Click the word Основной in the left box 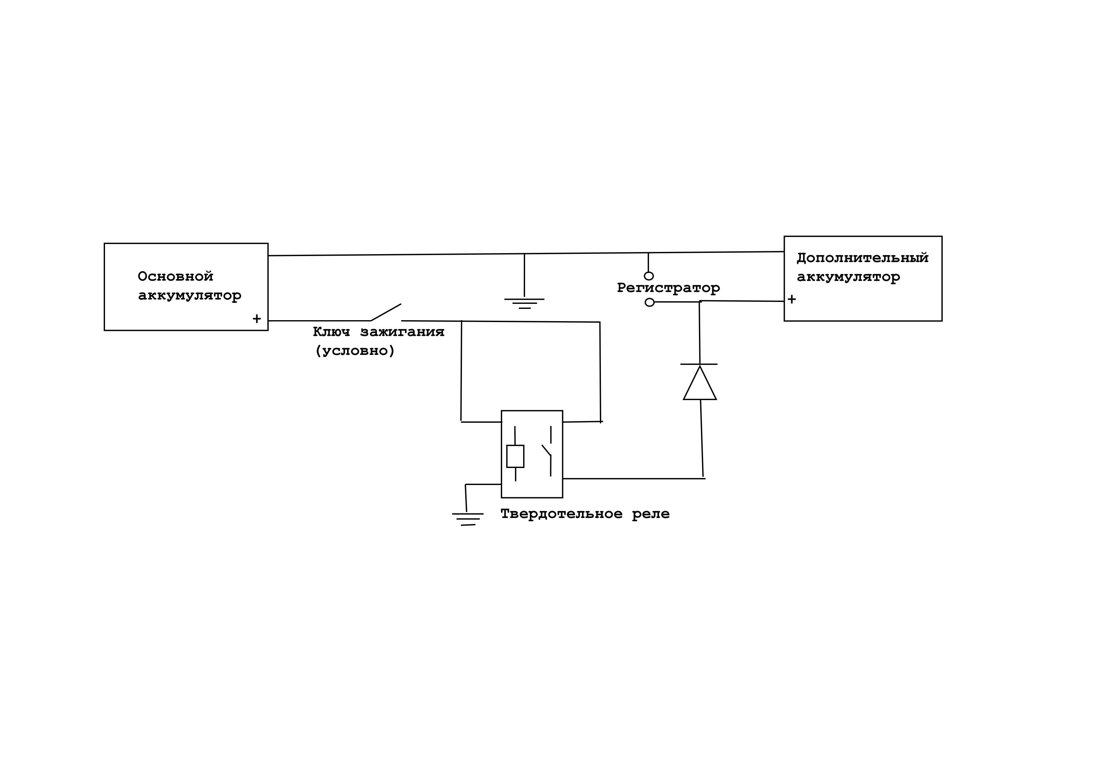point(175,276)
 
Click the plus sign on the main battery point(257,319)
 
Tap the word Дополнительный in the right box point(862,258)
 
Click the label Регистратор point(668,288)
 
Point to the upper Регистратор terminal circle point(649,276)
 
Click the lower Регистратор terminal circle point(650,302)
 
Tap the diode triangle point(700,383)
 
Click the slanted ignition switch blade point(386,312)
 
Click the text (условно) point(355,351)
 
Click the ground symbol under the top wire point(524,303)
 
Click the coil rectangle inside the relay point(515,456)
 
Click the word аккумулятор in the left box point(190,296)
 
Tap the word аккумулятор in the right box point(848,277)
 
